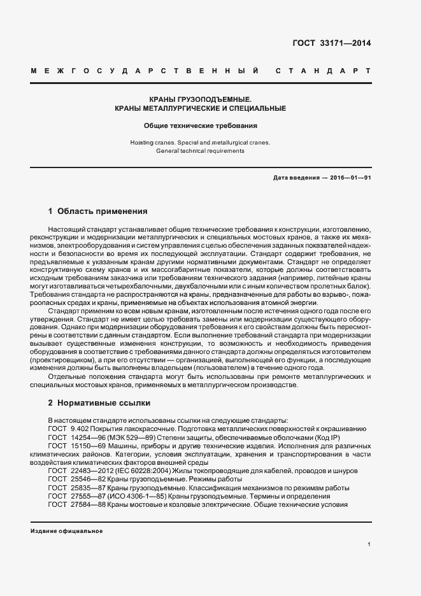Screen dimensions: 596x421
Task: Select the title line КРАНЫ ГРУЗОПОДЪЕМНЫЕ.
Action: [x=200, y=99]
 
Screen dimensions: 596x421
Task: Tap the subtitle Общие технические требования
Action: [x=200, y=126]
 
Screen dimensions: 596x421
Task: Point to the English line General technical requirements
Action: [x=200, y=151]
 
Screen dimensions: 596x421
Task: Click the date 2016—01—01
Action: [x=350, y=178]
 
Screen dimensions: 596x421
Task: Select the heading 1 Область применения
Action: [x=97, y=211]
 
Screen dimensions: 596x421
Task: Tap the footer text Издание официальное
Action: [x=66, y=531]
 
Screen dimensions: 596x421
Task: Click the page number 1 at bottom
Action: [x=369, y=544]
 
